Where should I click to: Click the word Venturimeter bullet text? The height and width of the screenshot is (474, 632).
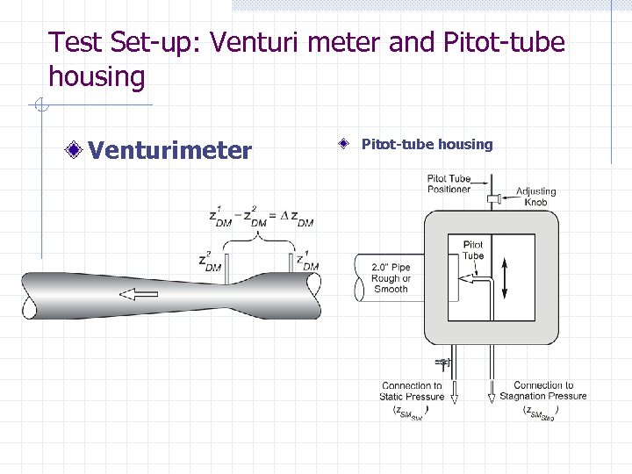click(169, 151)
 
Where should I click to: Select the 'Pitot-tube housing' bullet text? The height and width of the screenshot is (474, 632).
click(427, 144)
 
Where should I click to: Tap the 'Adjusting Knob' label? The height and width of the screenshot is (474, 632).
click(535, 197)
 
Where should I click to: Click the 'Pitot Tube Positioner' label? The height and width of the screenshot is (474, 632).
click(449, 183)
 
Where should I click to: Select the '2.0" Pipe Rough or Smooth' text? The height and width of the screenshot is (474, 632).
click(391, 277)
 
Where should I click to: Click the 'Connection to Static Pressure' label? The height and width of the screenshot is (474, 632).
click(412, 391)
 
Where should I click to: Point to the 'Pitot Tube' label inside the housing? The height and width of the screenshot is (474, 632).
click(472, 250)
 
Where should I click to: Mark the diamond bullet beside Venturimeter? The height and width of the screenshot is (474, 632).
click(80, 151)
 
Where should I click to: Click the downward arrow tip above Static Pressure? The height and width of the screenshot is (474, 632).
click(455, 399)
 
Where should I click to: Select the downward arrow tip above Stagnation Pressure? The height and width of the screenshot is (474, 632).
click(492, 399)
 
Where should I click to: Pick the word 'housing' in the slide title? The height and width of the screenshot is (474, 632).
click(97, 77)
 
